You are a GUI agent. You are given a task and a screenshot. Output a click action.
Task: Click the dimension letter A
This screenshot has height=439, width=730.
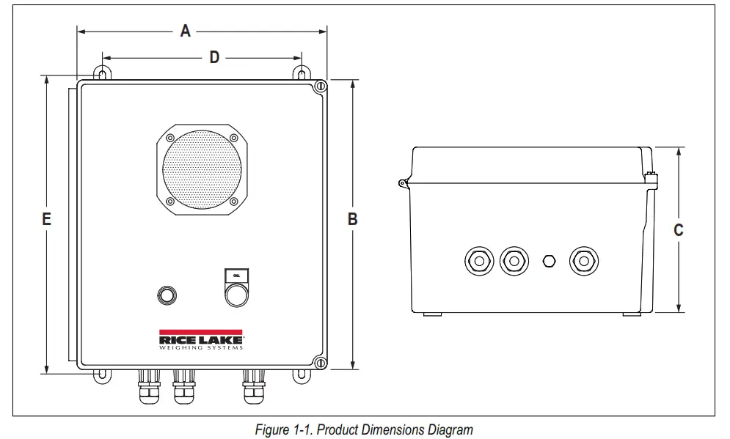point(186,31)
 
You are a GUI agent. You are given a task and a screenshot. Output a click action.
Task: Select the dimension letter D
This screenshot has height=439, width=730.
point(214,57)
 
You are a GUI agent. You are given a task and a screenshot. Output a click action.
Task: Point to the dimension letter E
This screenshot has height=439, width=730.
point(46,218)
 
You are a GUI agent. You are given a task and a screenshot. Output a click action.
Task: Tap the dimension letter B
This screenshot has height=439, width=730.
point(352,218)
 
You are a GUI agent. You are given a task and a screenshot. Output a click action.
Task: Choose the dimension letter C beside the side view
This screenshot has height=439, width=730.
point(679,230)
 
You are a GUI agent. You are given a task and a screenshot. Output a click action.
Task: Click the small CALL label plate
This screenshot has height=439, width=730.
point(236,275)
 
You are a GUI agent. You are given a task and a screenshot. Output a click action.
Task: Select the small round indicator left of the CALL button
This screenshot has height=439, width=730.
point(167,295)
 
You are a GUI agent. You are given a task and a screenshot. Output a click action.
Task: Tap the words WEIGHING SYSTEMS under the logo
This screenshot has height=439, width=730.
point(201,347)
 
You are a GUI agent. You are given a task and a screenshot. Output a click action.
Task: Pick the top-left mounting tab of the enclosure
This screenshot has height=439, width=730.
point(102,75)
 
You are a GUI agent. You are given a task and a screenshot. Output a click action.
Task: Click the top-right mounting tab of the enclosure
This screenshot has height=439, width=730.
point(302,75)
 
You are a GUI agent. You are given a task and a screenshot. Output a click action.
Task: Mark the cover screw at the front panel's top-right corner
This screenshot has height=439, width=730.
point(319,87)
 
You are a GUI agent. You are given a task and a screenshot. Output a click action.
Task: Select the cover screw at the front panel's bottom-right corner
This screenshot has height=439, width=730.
point(319,361)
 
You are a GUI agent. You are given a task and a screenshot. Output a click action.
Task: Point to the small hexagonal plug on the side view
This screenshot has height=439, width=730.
point(548,260)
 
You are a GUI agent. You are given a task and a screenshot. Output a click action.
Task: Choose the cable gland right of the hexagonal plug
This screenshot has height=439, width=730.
point(583,260)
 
